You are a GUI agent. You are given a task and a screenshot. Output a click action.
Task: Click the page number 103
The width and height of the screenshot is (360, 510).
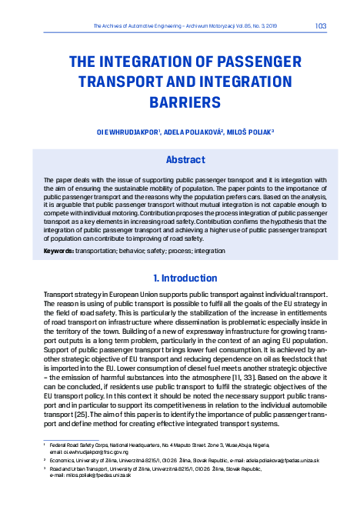[x=321, y=26]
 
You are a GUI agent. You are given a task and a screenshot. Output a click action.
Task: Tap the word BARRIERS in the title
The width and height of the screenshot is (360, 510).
[x=179, y=101]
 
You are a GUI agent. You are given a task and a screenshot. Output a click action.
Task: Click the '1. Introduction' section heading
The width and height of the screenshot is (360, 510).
[x=180, y=278]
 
